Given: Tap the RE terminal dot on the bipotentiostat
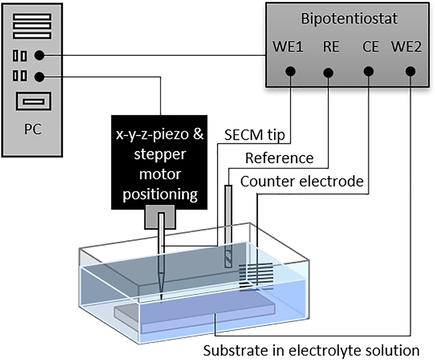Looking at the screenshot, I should tap(329, 72).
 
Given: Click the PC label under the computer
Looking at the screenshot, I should tap(33, 130).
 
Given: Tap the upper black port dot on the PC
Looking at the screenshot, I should tap(39, 56).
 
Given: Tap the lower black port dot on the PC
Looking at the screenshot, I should tap(39, 77).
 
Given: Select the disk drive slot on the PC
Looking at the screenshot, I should tap(33, 102).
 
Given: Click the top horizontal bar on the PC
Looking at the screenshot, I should tap(33, 17).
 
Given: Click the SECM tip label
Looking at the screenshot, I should tap(254, 136).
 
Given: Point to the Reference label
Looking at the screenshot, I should tap(279, 158).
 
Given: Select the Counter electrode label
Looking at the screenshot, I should tap(301, 181).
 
